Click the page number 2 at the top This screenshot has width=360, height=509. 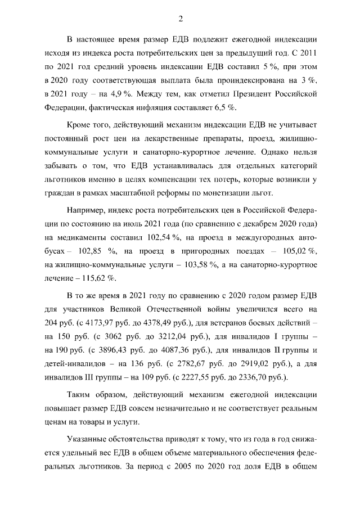point(181,19)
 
